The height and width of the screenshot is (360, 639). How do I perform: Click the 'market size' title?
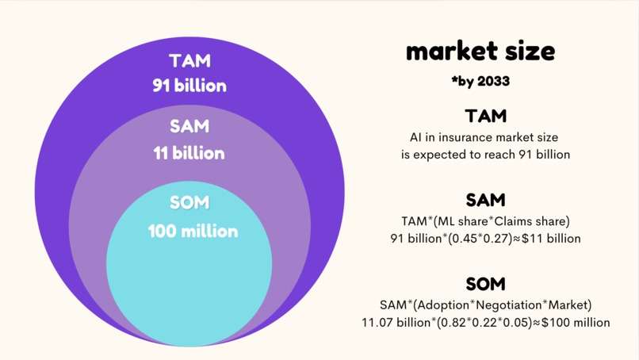(x=480, y=52)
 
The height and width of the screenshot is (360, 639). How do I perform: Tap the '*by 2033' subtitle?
(x=480, y=81)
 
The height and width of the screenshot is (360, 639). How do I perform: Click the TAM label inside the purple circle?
(x=189, y=60)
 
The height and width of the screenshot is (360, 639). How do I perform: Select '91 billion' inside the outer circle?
(x=189, y=86)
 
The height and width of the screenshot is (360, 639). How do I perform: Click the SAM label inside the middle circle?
(x=189, y=127)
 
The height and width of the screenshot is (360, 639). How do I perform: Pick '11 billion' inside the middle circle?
(x=189, y=153)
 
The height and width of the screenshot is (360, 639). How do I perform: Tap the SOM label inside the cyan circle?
(x=189, y=203)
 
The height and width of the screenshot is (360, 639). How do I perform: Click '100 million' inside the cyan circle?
(x=193, y=232)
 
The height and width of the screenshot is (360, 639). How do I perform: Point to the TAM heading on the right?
(x=486, y=116)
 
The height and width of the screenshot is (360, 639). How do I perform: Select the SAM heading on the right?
(x=486, y=200)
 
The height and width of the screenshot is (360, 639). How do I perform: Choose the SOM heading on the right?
(x=486, y=284)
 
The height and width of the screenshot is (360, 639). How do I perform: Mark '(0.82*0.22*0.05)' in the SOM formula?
(x=485, y=323)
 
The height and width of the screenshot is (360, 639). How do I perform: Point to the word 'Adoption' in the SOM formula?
(x=442, y=304)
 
